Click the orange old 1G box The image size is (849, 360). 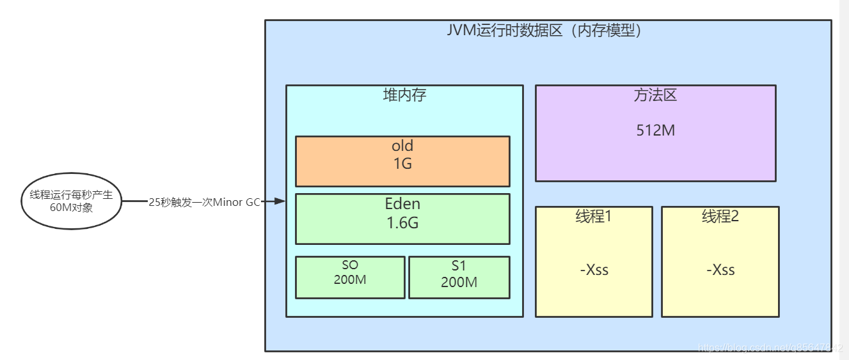402,161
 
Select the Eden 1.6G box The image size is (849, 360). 402,219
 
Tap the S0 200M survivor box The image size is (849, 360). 350,278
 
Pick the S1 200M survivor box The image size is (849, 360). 459,278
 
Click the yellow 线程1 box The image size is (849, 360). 594,262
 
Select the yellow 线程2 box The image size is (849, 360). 720,262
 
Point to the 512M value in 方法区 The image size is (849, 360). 656,130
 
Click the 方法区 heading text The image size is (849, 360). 656,96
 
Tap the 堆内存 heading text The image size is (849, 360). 404,95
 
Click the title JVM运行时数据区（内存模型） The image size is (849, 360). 544,31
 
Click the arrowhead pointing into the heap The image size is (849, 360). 279,201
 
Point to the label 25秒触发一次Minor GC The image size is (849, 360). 204,201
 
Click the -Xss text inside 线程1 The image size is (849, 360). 594,270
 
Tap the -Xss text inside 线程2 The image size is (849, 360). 720,270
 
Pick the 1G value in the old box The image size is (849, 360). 402,164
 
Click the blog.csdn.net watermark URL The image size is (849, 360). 770,348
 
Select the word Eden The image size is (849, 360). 402,205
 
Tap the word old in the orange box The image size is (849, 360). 402,146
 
